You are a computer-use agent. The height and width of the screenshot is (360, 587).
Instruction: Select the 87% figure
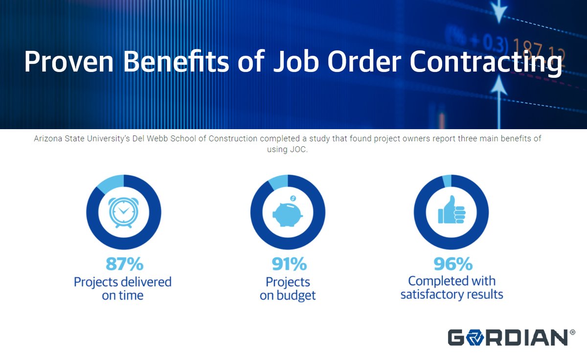pos(124,264)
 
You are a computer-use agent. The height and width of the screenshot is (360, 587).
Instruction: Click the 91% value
pos(289,264)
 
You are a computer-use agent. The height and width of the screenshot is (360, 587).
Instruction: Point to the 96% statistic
pos(452,264)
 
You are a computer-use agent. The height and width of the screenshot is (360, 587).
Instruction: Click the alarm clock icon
pos(124,212)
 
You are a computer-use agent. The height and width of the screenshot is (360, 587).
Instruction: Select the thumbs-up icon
pos(452,212)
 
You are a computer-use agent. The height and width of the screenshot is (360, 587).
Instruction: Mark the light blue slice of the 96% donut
pos(447,180)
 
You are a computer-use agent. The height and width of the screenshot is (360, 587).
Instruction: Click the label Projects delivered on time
pos(123,289)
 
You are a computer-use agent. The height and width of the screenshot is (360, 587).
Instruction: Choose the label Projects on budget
pos(288,289)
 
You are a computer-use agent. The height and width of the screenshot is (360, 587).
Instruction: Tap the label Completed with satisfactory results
pos(452,288)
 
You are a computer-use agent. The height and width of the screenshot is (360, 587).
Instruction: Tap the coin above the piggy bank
pos(293,198)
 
